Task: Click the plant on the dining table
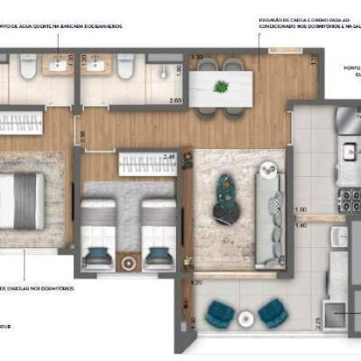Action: [221, 87]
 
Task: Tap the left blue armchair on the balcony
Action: [219, 314]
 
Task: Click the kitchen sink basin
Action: [348, 150]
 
